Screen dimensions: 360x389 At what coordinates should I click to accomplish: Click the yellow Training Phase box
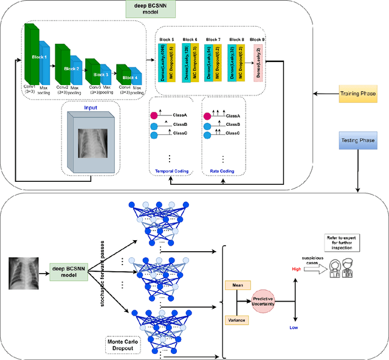pos(359,95)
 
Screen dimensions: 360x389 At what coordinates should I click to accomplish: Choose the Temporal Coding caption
pos(171,171)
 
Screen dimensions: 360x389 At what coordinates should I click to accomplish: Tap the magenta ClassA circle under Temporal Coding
pos(154,116)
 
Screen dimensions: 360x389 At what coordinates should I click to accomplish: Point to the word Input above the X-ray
pos(90,108)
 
